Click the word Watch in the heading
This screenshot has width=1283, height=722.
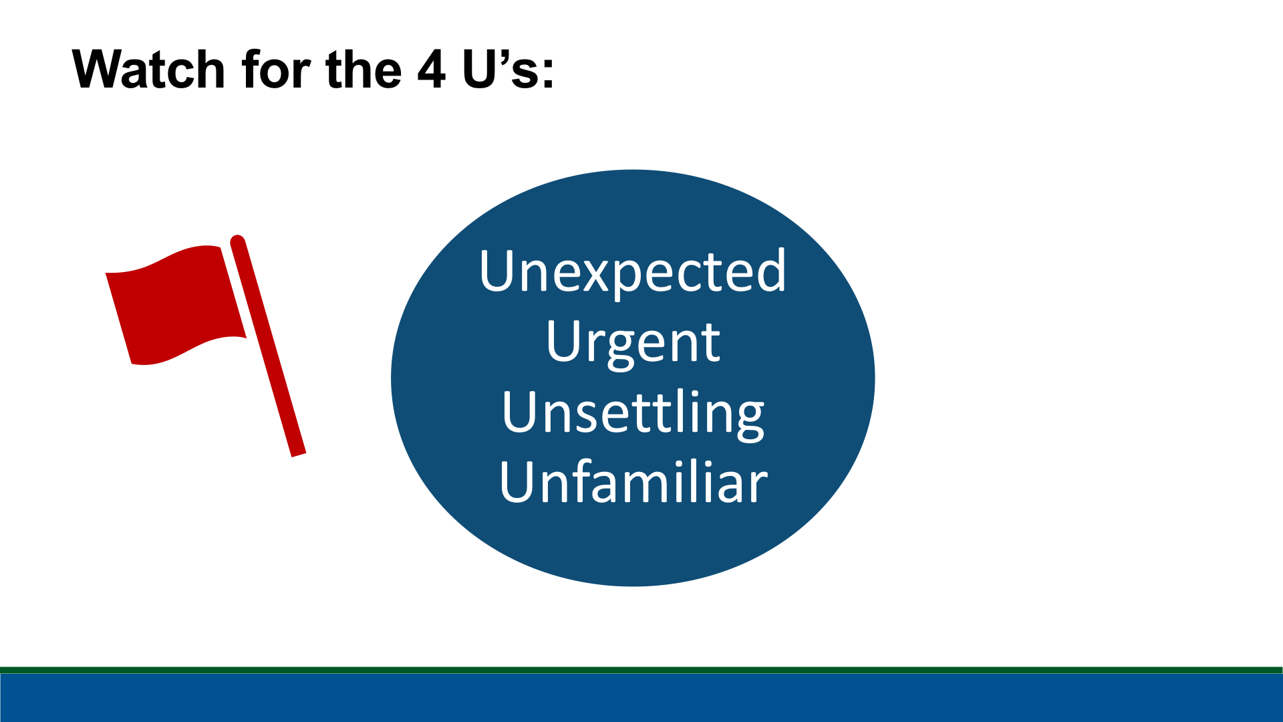[148, 69]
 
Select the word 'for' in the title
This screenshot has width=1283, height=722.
[277, 69]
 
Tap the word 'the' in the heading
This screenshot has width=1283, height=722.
[364, 69]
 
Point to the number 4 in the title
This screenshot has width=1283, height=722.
[432, 69]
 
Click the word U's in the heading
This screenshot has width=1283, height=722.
[501, 69]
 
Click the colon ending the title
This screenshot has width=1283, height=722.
[548, 74]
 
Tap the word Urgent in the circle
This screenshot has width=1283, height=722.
[633, 342]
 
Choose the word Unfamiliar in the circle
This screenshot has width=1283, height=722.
[633, 481]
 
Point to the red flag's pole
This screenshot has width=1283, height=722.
[267, 346]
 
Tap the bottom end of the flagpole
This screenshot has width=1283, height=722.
[299, 455]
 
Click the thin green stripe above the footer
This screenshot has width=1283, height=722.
[641, 670]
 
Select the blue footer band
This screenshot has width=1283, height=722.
[641, 698]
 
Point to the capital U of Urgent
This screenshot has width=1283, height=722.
[565, 341]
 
